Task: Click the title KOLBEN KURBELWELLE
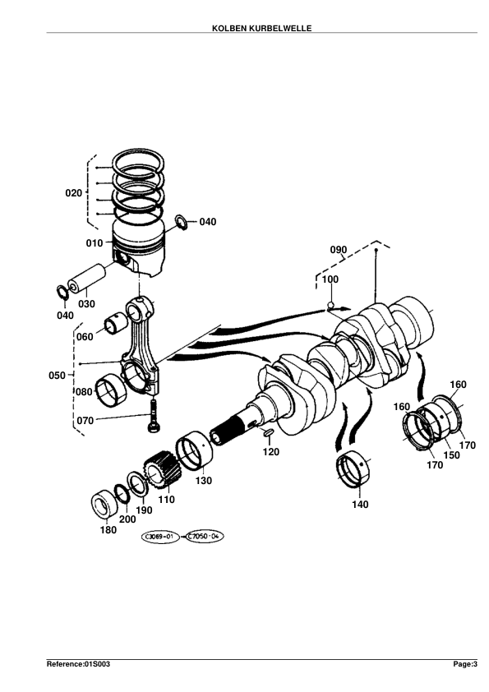pos(261,28)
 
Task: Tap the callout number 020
pos(74,193)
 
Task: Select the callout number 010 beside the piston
pos(94,242)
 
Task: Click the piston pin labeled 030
pos(86,278)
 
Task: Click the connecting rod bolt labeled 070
pos(153,415)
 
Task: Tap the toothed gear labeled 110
pos(163,469)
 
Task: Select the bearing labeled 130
pos(194,451)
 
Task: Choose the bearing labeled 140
pos(353,470)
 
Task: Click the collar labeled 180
pos(104,505)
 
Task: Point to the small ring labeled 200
pos(122,494)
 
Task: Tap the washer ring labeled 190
pos(137,484)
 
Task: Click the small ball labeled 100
pos(330,305)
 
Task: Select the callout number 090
pos(339,250)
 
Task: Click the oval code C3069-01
pos(159,537)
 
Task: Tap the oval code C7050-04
pos(203,537)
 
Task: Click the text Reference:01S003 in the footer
pos(79,664)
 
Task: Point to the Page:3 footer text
pos(465,664)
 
